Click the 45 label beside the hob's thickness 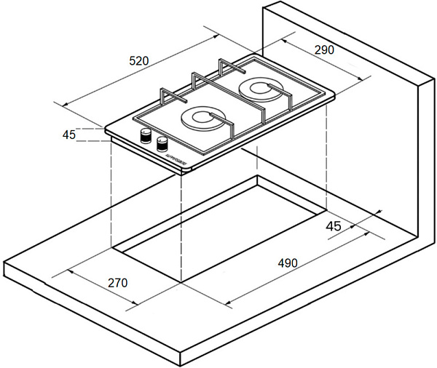point(70,135)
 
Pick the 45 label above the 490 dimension point(333,226)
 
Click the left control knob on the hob point(146,135)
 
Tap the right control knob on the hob point(162,142)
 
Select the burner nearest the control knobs point(200,119)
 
